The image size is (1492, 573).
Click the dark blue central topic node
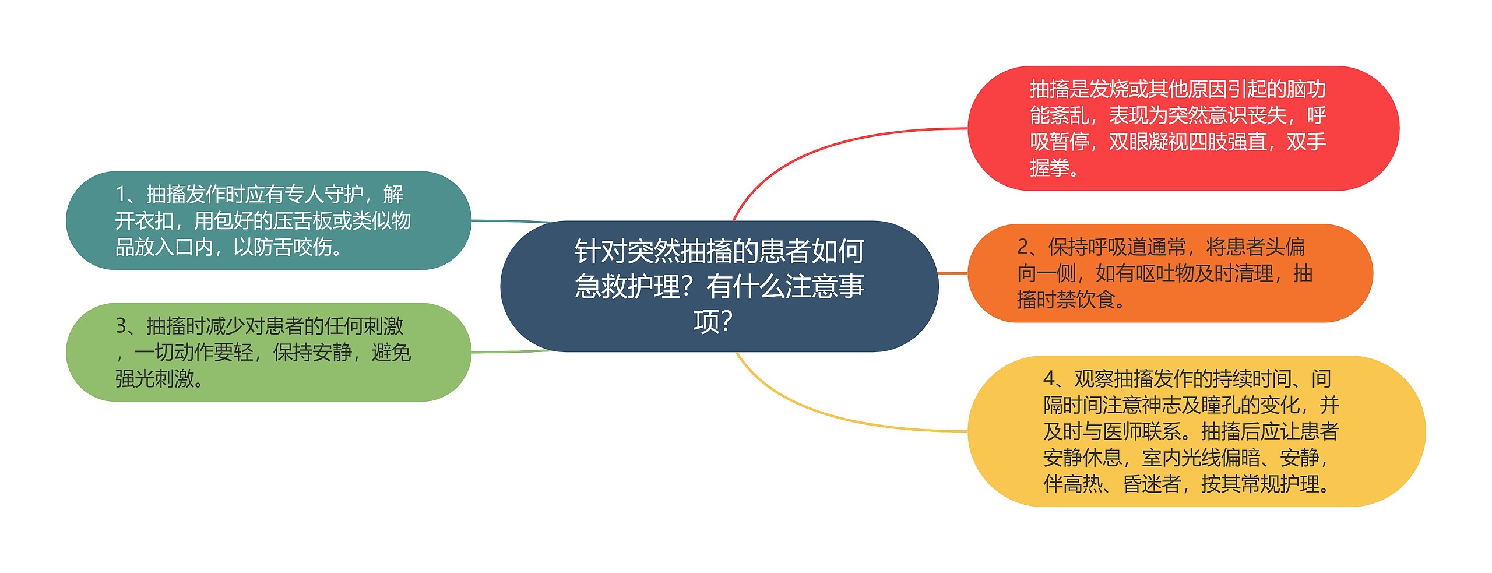coord(719,286)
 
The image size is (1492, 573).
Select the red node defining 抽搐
coord(1183,128)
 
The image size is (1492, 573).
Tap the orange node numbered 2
coord(1170,273)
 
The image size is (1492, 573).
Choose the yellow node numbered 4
coord(1196,431)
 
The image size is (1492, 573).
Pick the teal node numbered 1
coord(268,220)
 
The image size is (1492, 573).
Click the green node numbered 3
coord(268,352)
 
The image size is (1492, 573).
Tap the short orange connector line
coord(953,273)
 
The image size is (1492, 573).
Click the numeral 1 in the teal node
coord(121,194)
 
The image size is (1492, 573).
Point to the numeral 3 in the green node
coord(121,326)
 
